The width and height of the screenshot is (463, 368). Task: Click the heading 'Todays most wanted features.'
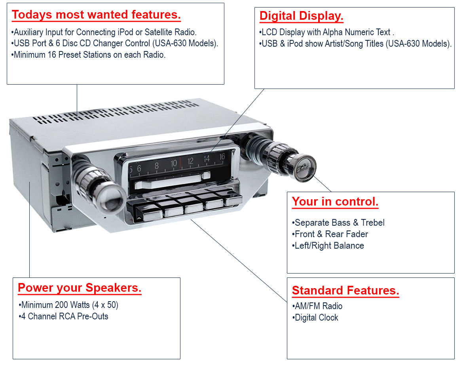click(x=96, y=15)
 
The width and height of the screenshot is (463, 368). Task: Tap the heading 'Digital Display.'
click(x=301, y=16)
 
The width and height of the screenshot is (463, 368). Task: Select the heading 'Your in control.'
click(x=335, y=202)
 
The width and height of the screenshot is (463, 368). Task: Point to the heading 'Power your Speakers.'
click(x=80, y=288)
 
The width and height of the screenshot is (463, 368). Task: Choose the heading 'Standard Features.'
click(x=345, y=291)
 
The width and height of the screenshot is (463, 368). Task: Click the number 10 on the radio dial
click(x=174, y=163)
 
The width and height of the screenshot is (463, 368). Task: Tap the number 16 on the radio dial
click(x=222, y=157)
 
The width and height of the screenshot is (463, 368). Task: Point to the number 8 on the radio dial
click(x=156, y=166)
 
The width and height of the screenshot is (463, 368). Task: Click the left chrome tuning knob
click(x=99, y=186)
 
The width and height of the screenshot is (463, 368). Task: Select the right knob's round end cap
click(x=304, y=168)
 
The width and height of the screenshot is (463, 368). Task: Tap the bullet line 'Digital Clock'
click(x=315, y=317)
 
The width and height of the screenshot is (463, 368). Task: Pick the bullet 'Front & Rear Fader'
click(x=330, y=234)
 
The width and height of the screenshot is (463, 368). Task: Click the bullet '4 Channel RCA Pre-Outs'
click(x=63, y=316)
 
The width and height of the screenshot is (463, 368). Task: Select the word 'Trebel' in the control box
click(x=373, y=223)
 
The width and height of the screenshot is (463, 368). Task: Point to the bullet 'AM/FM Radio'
click(x=317, y=306)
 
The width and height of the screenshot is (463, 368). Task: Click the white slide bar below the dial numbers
click(x=172, y=181)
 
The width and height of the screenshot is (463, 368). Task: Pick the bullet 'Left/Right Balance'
click(x=328, y=245)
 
